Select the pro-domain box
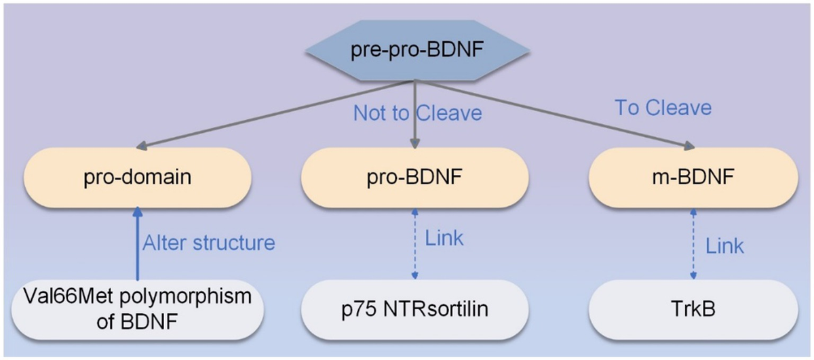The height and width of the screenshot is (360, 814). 138,178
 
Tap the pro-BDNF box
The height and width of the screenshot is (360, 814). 415,178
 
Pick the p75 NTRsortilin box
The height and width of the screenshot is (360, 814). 415,311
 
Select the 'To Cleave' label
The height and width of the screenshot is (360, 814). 663,108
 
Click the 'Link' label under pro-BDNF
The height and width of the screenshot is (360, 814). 444,238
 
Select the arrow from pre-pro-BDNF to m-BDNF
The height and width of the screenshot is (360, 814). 556,114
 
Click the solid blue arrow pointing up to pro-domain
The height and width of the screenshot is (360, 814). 138,244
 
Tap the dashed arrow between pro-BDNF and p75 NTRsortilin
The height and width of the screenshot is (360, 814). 415,244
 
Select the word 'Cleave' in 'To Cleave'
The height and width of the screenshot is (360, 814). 680,108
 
